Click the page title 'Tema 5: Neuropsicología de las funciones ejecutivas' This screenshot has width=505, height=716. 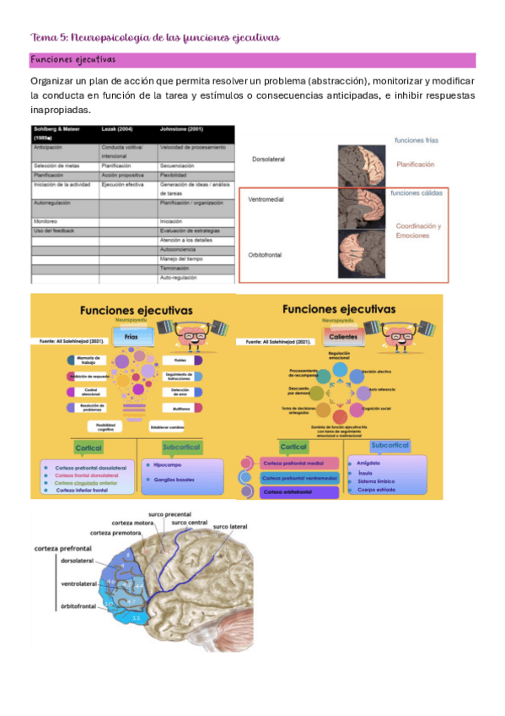pos(154,38)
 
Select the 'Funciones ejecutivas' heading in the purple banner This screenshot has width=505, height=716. pos(73,61)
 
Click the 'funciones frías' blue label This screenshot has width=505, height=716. pos(416,140)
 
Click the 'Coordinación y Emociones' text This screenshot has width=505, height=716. pos(418,231)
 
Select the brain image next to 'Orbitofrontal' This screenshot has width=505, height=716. pos(362,256)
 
